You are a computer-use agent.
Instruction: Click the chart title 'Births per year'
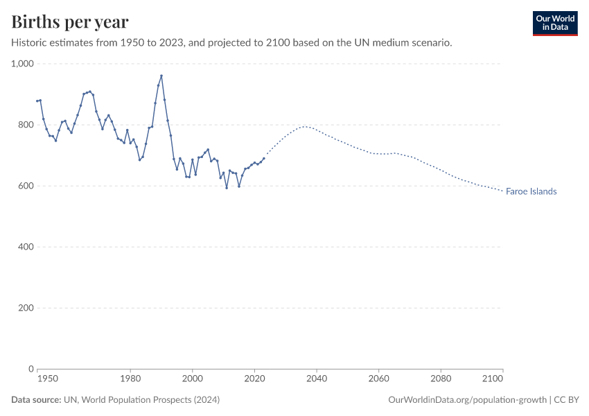pyautogui.click(x=70, y=22)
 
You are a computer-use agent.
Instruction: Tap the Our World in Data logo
pyautogui.click(x=554, y=23)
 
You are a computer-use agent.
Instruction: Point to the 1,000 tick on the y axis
pyautogui.click(x=22, y=64)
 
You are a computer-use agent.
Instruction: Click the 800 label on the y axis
pyautogui.click(x=26, y=125)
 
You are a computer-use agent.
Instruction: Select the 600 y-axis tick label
pyautogui.click(x=26, y=186)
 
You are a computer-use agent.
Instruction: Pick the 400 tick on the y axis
pyautogui.click(x=26, y=247)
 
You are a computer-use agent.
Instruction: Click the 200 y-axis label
pyautogui.click(x=26, y=308)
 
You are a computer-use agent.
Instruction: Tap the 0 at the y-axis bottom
pyautogui.click(x=30, y=369)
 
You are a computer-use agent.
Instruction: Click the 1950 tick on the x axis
pyautogui.click(x=47, y=379)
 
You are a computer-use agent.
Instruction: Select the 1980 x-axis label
pyautogui.click(x=130, y=379)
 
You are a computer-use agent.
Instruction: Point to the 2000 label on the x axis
pyautogui.click(x=193, y=379)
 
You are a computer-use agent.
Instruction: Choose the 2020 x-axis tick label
pyautogui.click(x=254, y=379)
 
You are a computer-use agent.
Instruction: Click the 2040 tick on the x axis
pyautogui.click(x=317, y=379)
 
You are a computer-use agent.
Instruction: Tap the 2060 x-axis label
pyautogui.click(x=378, y=379)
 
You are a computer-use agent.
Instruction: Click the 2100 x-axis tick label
pyautogui.click(x=492, y=379)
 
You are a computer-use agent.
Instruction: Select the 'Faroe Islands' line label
pyautogui.click(x=531, y=191)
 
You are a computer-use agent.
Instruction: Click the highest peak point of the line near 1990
pyautogui.click(x=161, y=76)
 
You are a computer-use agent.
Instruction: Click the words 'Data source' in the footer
pyautogui.click(x=35, y=400)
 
